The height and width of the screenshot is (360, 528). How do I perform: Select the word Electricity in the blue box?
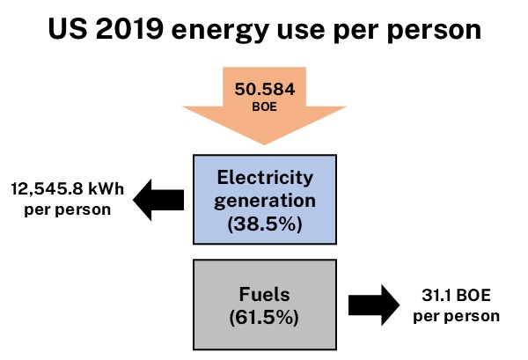coord(264,179)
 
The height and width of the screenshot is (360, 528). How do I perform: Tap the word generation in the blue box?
coord(264,200)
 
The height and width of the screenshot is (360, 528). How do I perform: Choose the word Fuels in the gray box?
coord(264,294)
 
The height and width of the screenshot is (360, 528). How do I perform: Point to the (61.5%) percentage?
coord(264,317)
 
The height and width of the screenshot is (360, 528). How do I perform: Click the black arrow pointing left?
coord(158,200)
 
